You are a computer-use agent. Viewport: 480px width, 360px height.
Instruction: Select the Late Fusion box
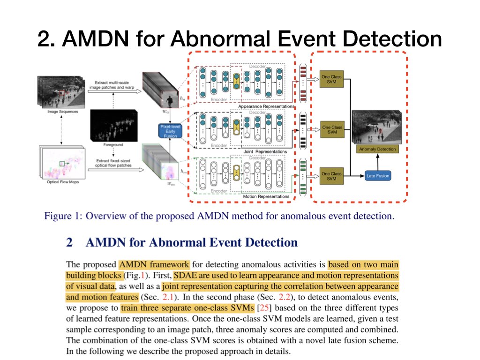(x=377, y=176)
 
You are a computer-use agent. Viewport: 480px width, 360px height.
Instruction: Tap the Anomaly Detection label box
(x=377, y=149)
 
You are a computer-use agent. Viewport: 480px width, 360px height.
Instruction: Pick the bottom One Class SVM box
(x=332, y=176)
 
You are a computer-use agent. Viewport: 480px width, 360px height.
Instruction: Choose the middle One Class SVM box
(x=332, y=130)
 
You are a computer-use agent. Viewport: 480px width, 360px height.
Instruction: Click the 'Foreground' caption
(x=113, y=145)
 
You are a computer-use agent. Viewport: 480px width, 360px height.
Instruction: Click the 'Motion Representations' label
(x=266, y=196)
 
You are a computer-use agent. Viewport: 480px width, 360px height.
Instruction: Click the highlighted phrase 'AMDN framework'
(x=154, y=264)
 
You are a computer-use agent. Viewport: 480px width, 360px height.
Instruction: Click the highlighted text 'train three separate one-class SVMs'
(x=187, y=308)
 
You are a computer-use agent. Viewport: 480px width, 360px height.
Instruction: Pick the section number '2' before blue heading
(x=69, y=242)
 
